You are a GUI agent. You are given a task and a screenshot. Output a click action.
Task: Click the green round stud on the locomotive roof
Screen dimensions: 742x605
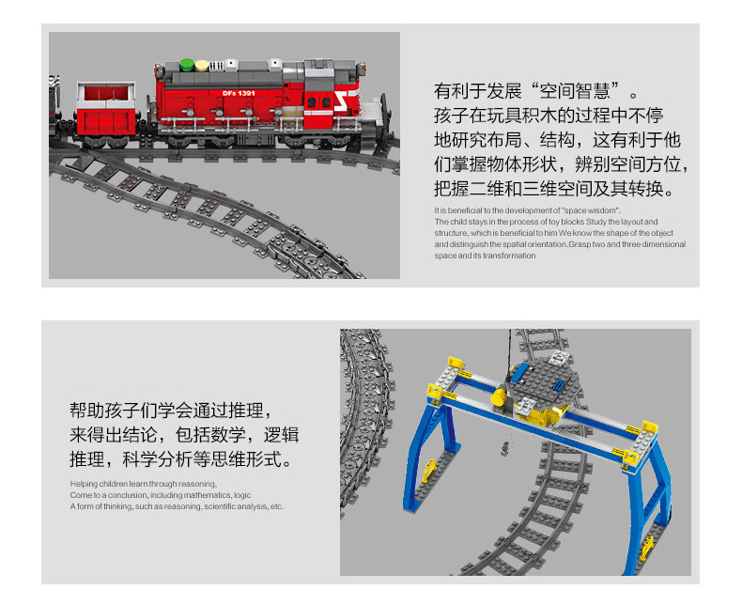[187, 65]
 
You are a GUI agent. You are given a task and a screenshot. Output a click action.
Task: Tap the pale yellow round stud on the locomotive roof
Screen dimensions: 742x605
[202, 66]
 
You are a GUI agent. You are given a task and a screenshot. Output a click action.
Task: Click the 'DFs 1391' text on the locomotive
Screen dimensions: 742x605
[239, 93]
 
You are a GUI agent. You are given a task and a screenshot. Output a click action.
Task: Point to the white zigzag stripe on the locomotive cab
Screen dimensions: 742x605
[341, 101]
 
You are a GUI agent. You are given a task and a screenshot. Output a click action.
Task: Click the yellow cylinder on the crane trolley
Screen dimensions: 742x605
[499, 398]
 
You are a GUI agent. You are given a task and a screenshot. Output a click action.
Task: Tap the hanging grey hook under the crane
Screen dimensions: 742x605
[506, 448]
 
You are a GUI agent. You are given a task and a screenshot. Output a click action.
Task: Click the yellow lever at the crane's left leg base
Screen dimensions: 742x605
[429, 471]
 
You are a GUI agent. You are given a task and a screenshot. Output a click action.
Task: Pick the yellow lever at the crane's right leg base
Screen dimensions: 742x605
[647, 549]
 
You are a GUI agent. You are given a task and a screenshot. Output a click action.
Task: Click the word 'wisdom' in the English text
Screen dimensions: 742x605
[602, 210]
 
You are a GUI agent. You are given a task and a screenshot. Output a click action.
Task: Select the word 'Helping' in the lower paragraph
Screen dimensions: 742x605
[84, 484]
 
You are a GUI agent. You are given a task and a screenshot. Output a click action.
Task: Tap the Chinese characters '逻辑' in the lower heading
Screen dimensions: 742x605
[282, 435]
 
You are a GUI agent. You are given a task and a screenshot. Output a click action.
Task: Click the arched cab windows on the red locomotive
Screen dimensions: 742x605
[319, 102]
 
